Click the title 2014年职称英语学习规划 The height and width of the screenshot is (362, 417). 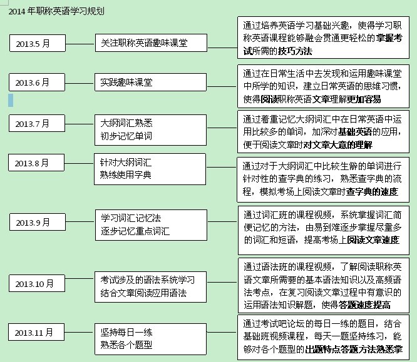tap(56, 11)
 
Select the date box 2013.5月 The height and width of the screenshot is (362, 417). tap(38, 43)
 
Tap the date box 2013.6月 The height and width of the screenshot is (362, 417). tap(37, 83)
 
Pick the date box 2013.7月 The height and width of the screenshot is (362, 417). tap(37, 123)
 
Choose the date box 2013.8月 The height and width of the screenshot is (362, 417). tap(36, 163)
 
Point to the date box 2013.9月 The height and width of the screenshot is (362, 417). tap(38, 222)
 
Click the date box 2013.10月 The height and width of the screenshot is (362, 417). tap(37, 283)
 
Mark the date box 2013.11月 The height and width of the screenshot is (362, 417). tap(36, 332)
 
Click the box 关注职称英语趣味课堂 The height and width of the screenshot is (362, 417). tap(151, 43)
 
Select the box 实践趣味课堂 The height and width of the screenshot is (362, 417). tap(150, 83)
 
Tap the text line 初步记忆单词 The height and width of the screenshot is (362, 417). tap(126, 136)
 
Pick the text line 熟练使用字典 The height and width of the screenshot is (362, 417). tap(125, 175)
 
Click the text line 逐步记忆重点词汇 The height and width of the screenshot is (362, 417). tap(135, 231)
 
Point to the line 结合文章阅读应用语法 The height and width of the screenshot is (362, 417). tap(143, 293)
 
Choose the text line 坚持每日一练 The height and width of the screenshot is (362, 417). tap(126, 332)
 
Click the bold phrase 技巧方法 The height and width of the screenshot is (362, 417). tap(295, 51)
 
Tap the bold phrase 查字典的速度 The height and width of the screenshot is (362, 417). tap(372, 191)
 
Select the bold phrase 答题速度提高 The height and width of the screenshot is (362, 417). tap(364, 305)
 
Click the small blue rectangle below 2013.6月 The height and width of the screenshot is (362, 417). tap(11, 100)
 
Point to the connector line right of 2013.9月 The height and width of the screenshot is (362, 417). tap(80, 221)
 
